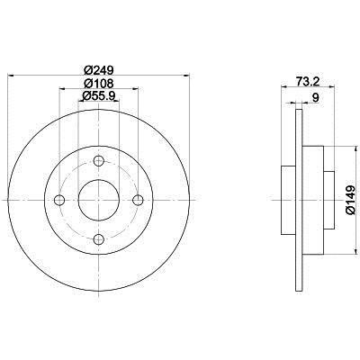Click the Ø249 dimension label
(98, 70)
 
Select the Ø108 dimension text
(98, 83)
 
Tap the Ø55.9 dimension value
(98, 95)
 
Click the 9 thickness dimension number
(315, 97)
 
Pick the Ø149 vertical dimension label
(351, 200)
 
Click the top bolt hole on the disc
(98, 161)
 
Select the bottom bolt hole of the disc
(98, 239)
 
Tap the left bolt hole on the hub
(59, 200)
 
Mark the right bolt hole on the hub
(138, 200)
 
